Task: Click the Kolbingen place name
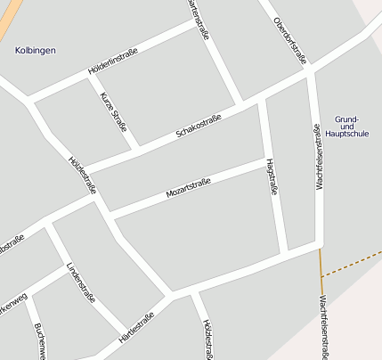click(36, 51)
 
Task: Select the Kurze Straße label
click(114, 111)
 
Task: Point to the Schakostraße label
click(199, 126)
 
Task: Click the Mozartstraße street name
click(188, 189)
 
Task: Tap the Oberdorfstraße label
click(290, 40)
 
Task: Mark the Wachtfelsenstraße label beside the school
click(317, 157)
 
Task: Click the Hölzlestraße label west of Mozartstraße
click(82, 176)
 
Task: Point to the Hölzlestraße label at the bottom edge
click(207, 340)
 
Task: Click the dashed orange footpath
click(352, 265)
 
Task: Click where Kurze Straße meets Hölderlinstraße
click(90, 74)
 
